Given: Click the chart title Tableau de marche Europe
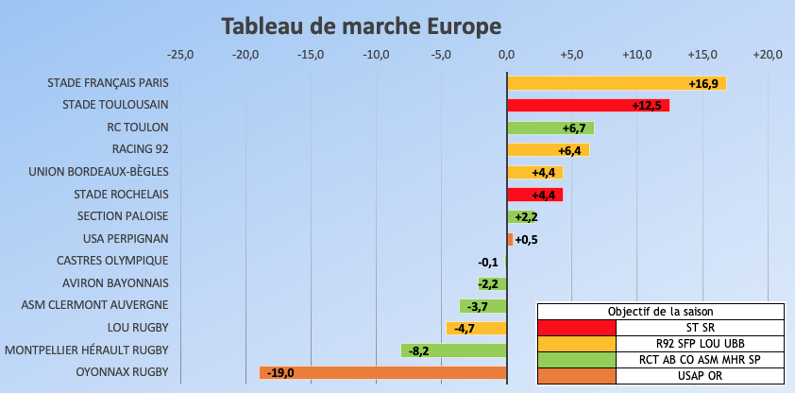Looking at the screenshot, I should coord(362,26).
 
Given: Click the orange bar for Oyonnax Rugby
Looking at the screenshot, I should coord(382,372).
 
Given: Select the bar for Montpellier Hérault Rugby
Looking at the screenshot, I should coord(453,350).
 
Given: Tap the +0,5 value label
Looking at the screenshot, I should coord(526,239).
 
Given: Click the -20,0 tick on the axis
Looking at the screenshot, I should coord(245,54).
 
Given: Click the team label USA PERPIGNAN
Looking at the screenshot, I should coord(126,239).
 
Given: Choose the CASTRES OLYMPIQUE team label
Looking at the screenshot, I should coord(112,261).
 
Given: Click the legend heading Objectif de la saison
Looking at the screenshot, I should coord(660,312).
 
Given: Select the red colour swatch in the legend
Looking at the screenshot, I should coord(576,328).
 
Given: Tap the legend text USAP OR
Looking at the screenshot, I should coord(700,377).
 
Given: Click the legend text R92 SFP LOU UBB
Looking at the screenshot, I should coord(700,344).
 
